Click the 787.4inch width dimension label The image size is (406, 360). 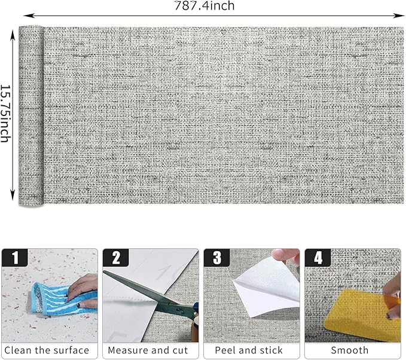[204, 7]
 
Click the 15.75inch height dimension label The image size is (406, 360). [6, 114]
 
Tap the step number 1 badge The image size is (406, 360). [15, 258]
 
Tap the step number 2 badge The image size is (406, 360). [116, 258]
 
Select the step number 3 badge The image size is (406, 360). [217, 258]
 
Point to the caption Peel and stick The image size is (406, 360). [251, 350]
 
